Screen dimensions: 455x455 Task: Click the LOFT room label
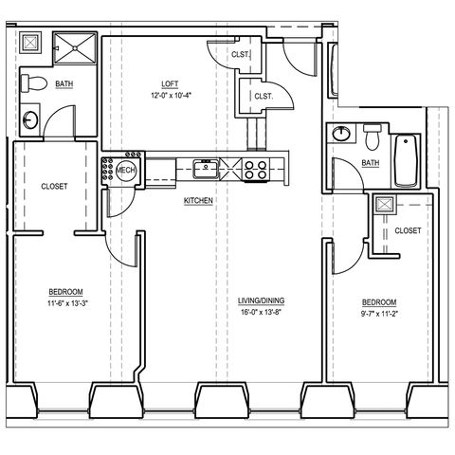pos(170,84)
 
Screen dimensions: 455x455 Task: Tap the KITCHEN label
pos(198,201)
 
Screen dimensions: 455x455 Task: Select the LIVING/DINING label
pos(261,300)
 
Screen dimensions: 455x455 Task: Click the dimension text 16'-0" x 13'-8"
pos(261,312)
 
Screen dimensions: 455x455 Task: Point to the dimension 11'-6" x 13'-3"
pos(67,303)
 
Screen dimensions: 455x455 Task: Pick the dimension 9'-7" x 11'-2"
pos(379,314)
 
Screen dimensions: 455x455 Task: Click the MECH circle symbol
pos(126,170)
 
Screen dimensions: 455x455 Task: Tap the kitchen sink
pos(206,169)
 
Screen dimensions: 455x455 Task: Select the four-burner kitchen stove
pos(256,170)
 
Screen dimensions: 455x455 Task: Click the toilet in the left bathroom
pos(33,83)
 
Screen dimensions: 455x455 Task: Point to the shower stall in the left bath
pos(75,48)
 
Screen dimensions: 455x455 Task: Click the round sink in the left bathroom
pos(30,119)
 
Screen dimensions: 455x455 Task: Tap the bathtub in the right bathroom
pos(407,161)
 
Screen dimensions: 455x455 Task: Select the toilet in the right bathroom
pos(373,136)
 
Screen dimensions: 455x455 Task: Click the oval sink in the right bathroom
pos(341,133)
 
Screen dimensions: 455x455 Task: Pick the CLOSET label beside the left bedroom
pos(54,187)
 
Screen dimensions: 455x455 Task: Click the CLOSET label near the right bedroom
pos(408,230)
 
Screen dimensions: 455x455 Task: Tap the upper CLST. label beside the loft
pos(241,54)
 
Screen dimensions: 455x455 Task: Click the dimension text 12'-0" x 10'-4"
pos(171,95)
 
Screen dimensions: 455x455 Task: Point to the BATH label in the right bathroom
pos(371,163)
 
